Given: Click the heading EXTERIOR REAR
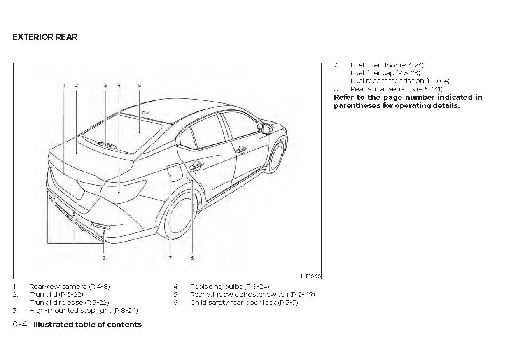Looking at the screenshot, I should (x=45, y=37).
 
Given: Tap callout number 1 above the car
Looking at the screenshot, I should (x=64, y=86).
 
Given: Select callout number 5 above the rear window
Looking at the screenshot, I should (x=139, y=86).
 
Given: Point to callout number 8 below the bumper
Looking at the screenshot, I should (x=104, y=258).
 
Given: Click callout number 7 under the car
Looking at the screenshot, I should (x=170, y=258).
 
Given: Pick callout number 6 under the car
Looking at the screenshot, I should (x=192, y=258).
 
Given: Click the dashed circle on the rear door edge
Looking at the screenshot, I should (x=191, y=176).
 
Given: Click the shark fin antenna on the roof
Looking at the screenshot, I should (x=145, y=112).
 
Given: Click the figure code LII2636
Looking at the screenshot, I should (x=311, y=276).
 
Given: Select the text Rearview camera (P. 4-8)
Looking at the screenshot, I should (x=70, y=286).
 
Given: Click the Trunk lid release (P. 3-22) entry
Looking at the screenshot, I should (x=69, y=302).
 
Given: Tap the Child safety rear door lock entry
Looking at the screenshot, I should (x=244, y=302).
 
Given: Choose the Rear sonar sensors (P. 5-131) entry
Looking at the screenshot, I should (x=396, y=89).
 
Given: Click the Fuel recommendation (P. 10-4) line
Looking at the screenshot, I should (x=400, y=81).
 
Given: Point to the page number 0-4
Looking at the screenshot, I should (x=20, y=325).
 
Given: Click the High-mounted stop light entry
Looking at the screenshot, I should (x=83, y=311).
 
